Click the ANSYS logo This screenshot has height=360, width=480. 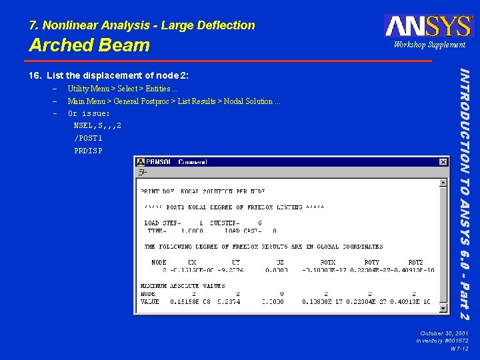pyautogui.click(x=428, y=25)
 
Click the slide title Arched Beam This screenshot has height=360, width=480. pyautogui.click(x=89, y=45)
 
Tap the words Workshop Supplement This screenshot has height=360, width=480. pyautogui.click(x=429, y=45)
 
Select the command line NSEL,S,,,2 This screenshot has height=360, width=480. pyautogui.click(x=97, y=126)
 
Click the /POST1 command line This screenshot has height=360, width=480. pyautogui.click(x=89, y=138)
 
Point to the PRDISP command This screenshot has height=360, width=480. pyautogui.click(x=89, y=151)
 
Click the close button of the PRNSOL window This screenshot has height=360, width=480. pyautogui.click(x=443, y=162)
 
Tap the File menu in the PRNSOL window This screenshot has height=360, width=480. pyautogui.click(x=141, y=172)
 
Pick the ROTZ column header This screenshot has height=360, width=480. pyautogui.click(x=415, y=263)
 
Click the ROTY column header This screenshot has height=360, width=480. pyautogui.click(x=371, y=263)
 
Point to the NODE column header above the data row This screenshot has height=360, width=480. pyautogui.click(x=159, y=263)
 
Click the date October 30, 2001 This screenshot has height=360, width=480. pyautogui.click(x=444, y=333)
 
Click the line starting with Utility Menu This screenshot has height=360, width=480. pyautogui.click(x=123, y=89)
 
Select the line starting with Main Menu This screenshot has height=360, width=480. pyautogui.click(x=174, y=101)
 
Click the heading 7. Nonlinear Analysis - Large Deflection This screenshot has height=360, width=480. pyautogui.click(x=142, y=25)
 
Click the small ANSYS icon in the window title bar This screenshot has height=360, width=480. pyautogui.click(x=140, y=162)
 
